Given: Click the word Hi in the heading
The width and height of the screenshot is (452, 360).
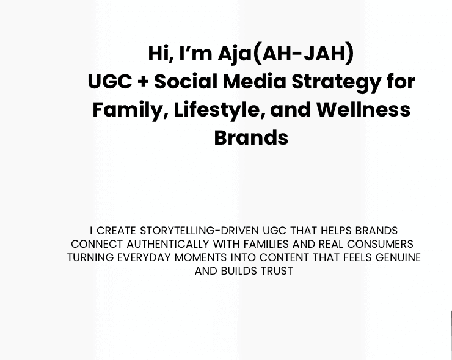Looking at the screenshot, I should point(159,54).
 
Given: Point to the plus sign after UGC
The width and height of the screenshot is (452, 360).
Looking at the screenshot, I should point(143,82).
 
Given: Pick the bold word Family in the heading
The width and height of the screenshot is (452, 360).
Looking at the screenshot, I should point(128,110).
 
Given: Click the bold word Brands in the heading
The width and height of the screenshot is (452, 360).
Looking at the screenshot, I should point(251,138).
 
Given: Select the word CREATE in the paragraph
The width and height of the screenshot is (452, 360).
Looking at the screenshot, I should point(117,231).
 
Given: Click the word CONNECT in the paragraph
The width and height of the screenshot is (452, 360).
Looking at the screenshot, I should point(97,244).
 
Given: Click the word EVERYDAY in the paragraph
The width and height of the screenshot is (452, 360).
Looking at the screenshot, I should point(144,257).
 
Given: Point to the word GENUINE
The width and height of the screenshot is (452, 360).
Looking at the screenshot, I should point(398,257).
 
